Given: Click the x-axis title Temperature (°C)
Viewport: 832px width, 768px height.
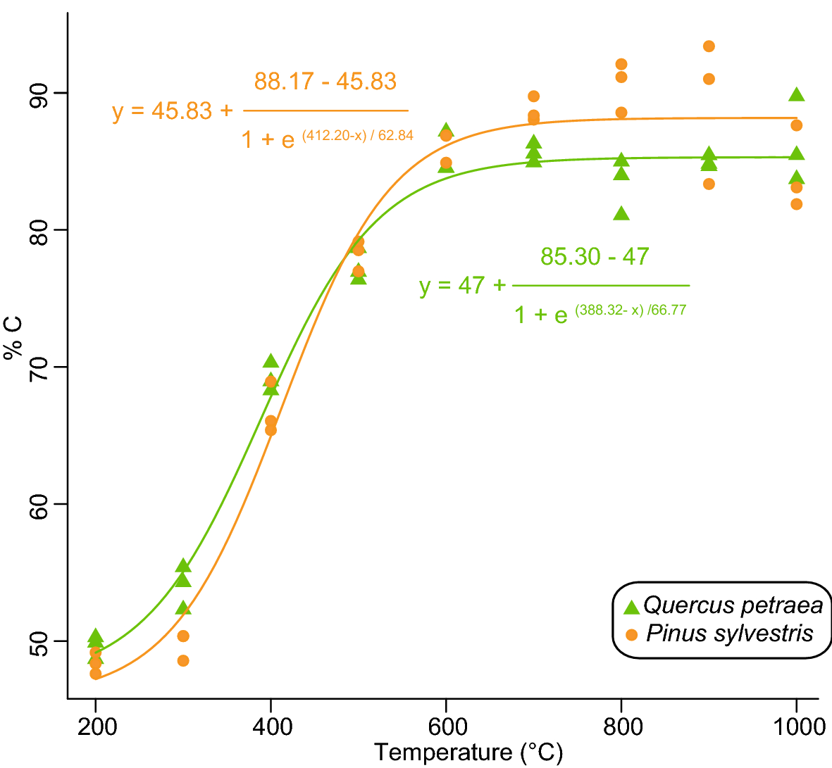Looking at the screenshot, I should tap(468, 753).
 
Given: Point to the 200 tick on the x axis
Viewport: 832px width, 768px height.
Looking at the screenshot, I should tap(97, 726).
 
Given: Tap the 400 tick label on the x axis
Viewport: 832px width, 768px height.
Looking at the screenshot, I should tap(272, 726).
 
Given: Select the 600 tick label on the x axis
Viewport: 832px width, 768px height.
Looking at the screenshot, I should tap(447, 726).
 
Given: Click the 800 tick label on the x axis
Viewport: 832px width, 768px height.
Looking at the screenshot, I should tap(622, 726).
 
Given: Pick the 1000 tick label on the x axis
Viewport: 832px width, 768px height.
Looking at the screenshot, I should tap(796, 726).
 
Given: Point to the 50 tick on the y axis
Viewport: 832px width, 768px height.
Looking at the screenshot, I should tap(39, 641).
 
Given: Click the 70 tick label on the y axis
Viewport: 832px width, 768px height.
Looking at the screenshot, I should tap(39, 367).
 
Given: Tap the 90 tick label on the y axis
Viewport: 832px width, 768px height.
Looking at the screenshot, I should tap(39, 93).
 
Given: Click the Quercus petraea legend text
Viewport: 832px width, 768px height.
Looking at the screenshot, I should tap(733, 605).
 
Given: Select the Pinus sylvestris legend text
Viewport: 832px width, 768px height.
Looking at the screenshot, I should tap(730, 634).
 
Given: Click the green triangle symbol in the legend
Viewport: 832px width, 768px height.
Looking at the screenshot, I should tap(631, 606).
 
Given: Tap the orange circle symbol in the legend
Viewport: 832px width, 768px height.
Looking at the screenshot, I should tap(631, 635).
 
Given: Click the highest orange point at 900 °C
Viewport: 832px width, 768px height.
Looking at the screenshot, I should tap(709, 46).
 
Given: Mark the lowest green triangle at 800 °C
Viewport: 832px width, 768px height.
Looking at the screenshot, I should tap(621, 214).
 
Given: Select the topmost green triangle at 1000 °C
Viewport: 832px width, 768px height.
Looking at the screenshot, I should tap(796, 95).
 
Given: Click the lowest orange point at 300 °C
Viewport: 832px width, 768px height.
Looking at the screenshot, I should tap(183, 660).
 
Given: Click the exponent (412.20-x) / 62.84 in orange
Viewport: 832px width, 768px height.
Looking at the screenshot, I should tap(358, 136).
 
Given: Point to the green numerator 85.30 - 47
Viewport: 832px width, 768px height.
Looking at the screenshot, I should tap(595, 256).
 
